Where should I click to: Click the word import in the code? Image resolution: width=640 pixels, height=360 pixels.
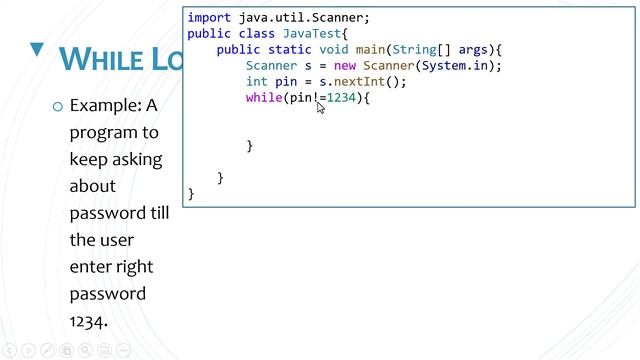(209, 18)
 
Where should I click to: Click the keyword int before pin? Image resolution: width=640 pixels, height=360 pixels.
(257, 82)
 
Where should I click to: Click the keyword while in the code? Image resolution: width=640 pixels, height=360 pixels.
(264, 98)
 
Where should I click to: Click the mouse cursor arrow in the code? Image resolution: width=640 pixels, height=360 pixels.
(321, 107)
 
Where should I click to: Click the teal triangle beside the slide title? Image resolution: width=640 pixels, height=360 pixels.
(38, 50)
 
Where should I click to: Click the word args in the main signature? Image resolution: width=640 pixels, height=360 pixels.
(475, 50)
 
